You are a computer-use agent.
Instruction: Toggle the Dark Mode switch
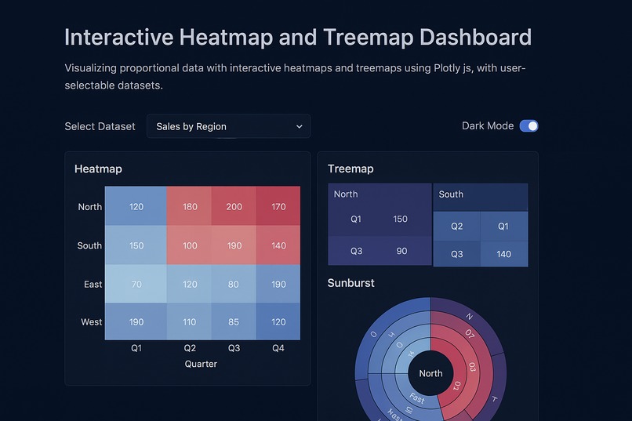tap(528, 126)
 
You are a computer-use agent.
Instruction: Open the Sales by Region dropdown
tap(228, 126)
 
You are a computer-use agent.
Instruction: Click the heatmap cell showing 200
tap(234, 207)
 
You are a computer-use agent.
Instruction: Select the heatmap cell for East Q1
tap(136, 284)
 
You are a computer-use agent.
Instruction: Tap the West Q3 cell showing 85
tap(234, 321)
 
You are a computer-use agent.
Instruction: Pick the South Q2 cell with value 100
tap(190, 245)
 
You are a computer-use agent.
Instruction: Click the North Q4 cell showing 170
tap(278, 207)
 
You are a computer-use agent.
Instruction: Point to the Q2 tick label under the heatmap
tap(190, 348)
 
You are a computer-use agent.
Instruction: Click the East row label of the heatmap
tap(93, 284)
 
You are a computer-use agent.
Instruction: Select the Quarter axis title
tap(202, 364)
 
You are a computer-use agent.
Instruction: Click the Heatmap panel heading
tap(98, 169)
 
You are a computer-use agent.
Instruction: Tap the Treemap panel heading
tap(351, 169)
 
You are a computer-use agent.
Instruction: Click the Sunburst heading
tap(351, 283)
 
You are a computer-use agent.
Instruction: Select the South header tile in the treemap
tap(480, 195)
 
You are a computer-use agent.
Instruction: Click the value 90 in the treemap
tap(401, 251)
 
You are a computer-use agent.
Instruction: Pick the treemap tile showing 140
tap(503, 254)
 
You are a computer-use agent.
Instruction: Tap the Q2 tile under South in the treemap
tap(457, 227)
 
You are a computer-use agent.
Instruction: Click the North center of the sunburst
tap(430, 373)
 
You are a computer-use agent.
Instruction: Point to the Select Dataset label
tap(100, 126)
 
